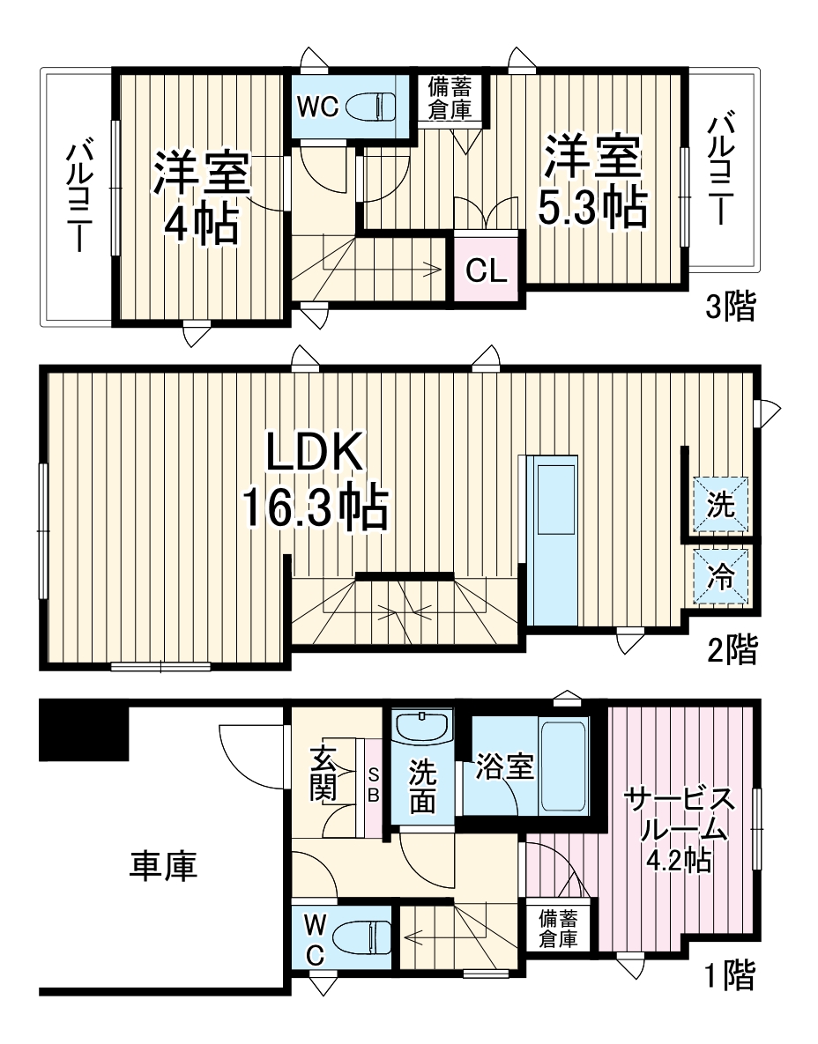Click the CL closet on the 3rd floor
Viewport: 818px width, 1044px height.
pos(487,269)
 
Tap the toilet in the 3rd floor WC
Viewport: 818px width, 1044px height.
pos(370,107)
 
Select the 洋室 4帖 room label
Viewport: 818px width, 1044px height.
pos(203,196)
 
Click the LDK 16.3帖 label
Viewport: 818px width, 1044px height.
pos(315,483)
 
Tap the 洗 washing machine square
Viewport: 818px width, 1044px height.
pos(720,505)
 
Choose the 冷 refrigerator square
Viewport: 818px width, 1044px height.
pos(720,578)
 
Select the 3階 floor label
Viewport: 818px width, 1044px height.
pos(731,307)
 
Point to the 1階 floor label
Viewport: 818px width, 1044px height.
pos(729,974)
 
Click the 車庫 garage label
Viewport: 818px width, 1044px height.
pos(163,866)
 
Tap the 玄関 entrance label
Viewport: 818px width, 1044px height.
pos(323,773)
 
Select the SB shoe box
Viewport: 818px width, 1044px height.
pos(373,785)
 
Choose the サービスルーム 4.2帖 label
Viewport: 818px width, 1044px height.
pos(679,828)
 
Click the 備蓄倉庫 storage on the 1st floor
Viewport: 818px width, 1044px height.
pos(559,928)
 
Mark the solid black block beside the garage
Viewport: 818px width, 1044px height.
pos(85,730)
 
